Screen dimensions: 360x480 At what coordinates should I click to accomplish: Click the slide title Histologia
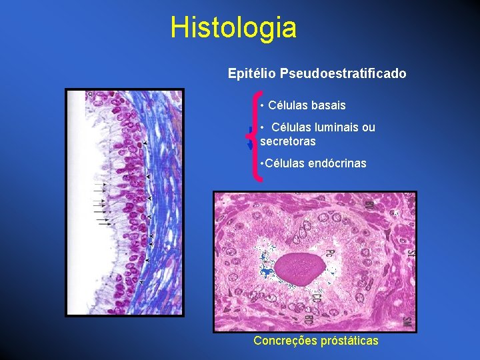click(x=233, y=28)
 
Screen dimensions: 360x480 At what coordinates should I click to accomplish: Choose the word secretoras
click(x=287, y=141)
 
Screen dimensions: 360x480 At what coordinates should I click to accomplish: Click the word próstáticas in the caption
click(x=349, y=341)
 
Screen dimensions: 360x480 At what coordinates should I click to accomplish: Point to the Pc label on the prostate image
click(x=329, y=253)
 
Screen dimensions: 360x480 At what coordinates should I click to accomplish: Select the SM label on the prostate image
click(x=405, y=322)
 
